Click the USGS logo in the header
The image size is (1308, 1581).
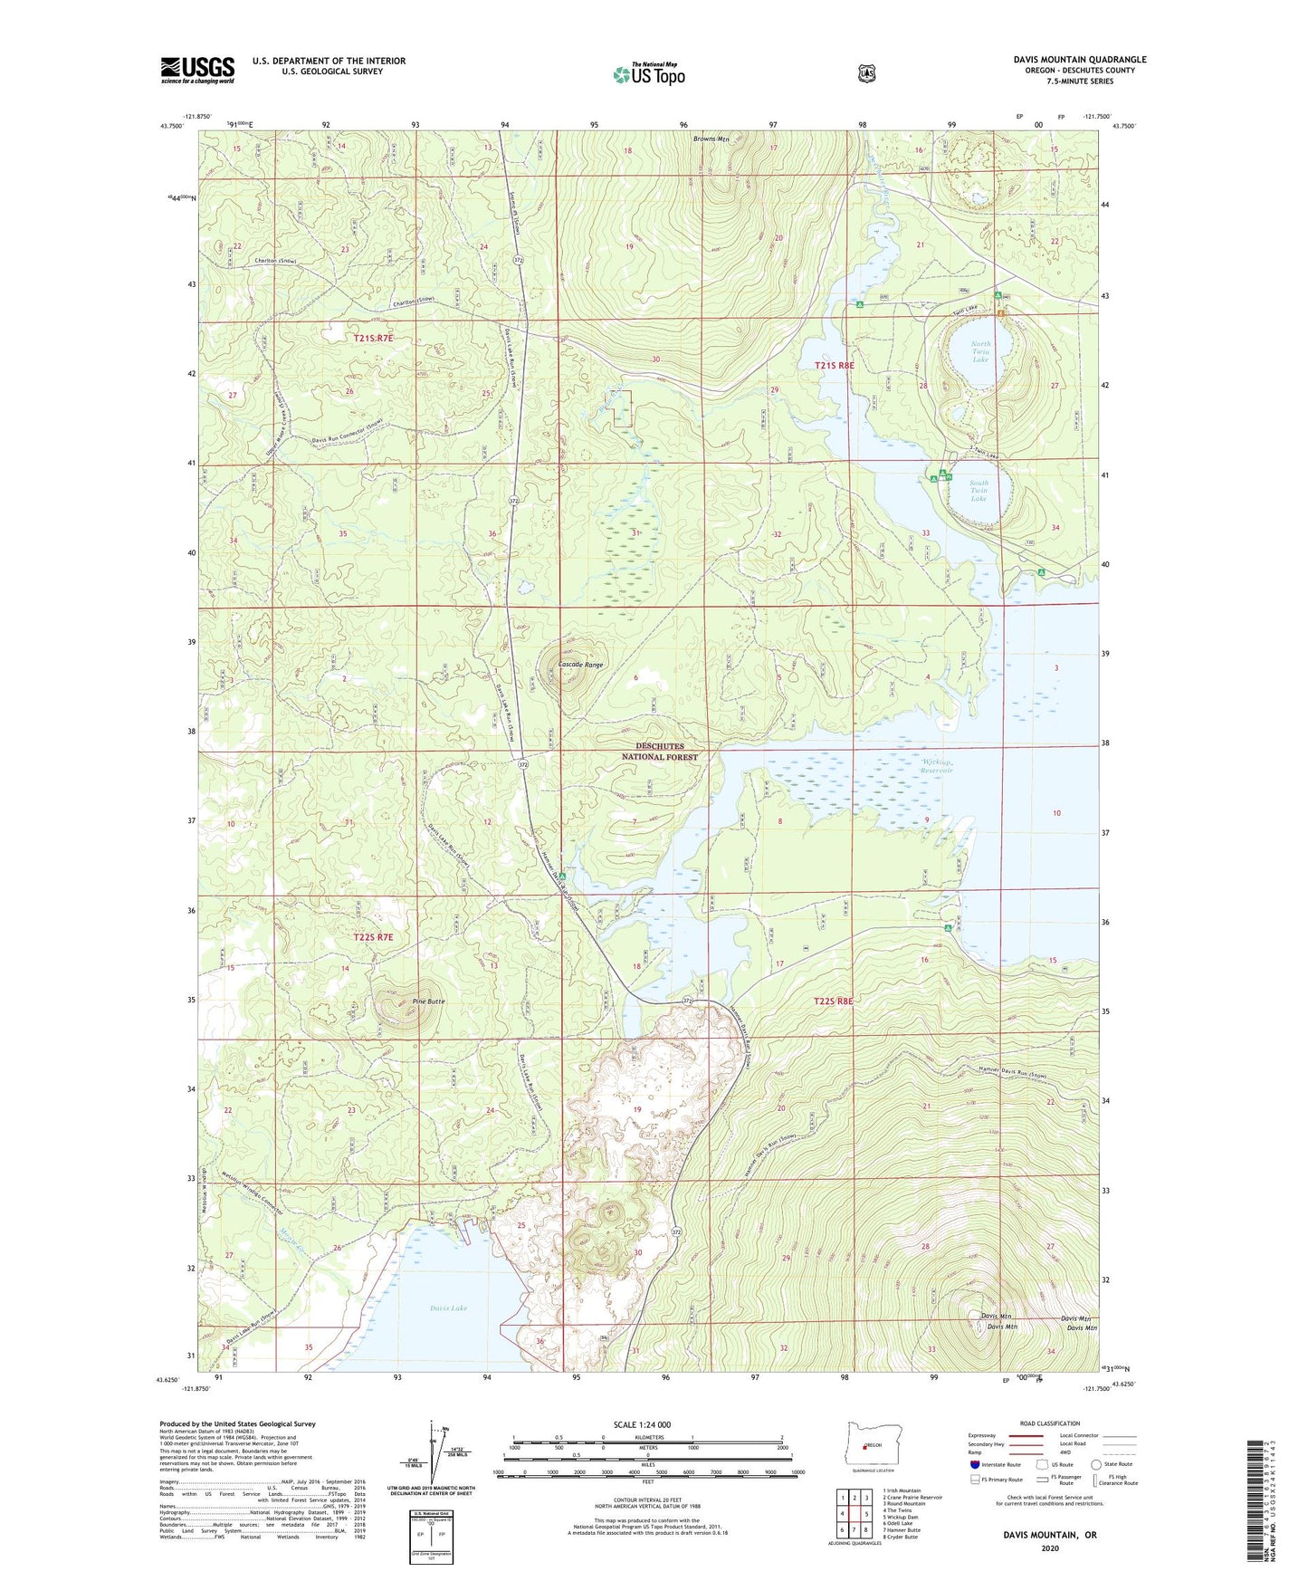197,70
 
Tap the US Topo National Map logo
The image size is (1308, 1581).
648,73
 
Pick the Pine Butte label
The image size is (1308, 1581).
428,1001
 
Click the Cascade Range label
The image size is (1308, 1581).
580,665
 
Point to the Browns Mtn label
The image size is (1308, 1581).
711,139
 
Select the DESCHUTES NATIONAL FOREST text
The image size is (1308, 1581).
660,752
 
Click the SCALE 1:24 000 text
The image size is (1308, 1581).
642,1424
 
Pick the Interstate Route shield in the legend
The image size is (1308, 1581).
974,1463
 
